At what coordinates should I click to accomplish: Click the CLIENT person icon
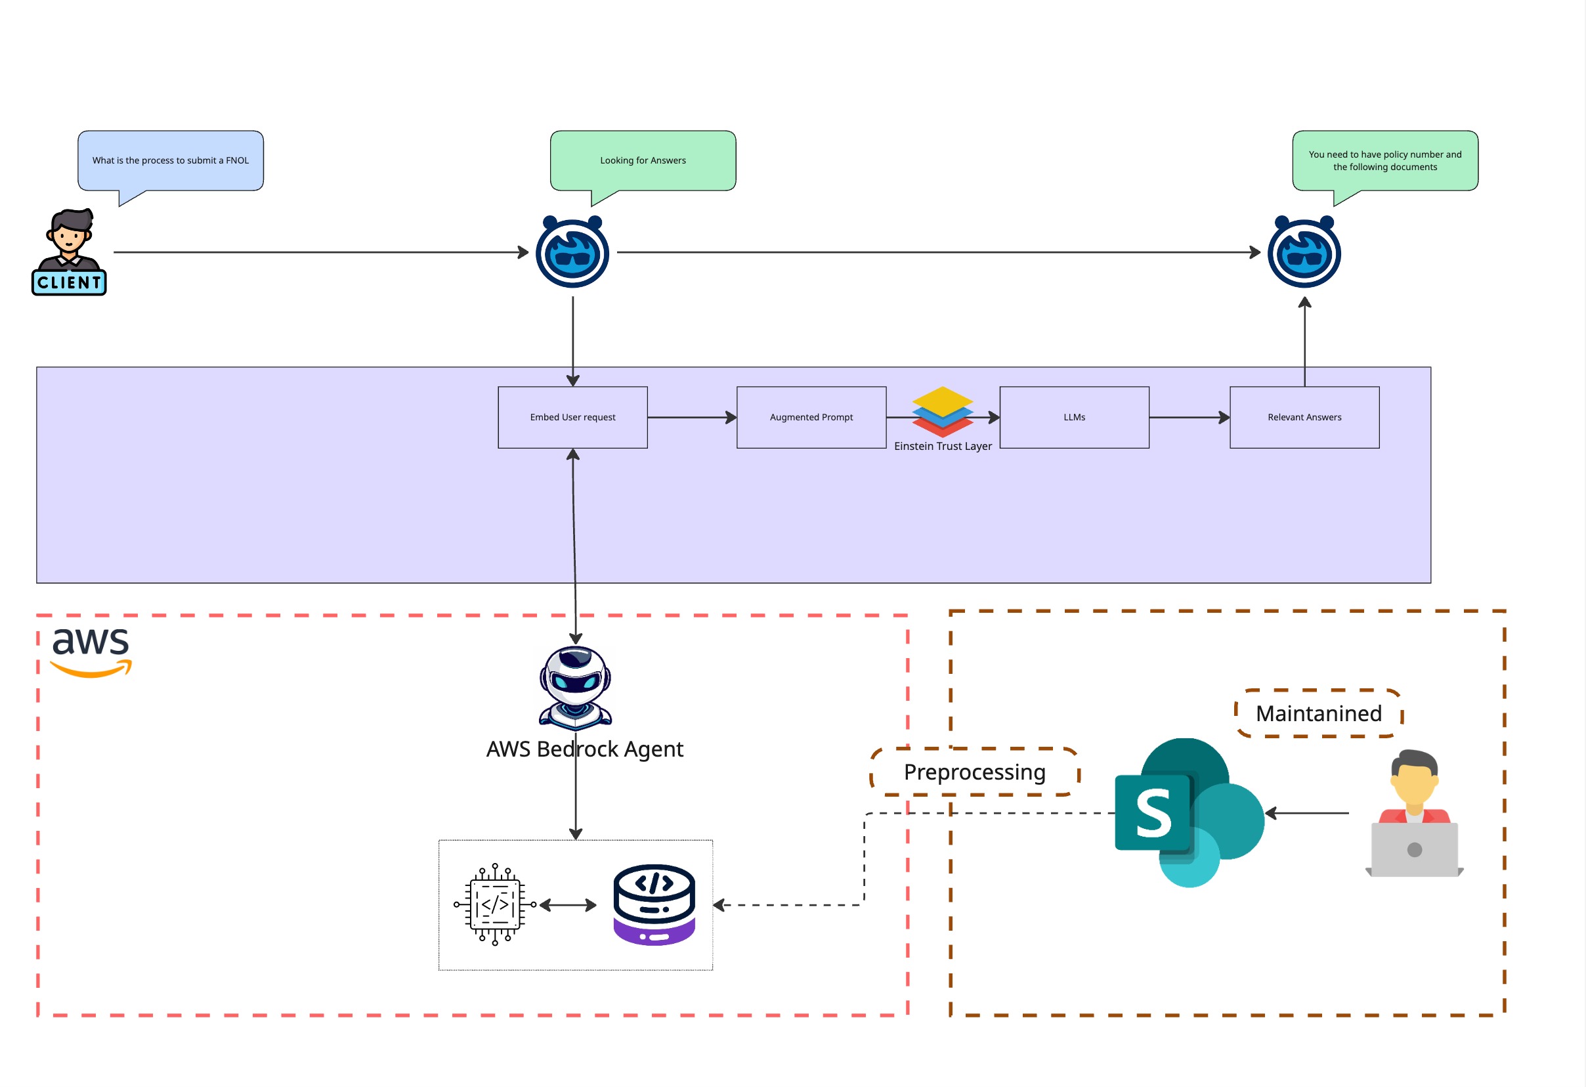click(x=69, y=252)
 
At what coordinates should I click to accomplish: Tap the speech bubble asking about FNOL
click(x=171, y=160)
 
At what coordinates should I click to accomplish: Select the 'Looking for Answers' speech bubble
click(x=643, y=160)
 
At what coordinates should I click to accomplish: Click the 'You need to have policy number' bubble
click(x=1384, y=160)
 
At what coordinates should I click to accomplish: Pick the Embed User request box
click(x=572, y=417)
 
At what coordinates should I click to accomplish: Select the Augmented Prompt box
click(x=811, y=417)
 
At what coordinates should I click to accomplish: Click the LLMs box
click(x=1074, y=417)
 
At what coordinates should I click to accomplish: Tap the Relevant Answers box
click(x=1304, y=417)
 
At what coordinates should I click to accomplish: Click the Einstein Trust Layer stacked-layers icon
click(x=943, y=412)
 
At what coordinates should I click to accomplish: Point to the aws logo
click(x=91, y=652)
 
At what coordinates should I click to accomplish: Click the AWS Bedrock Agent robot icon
click(x=575, y=688)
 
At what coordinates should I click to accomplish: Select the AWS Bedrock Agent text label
click(x=584, y=749)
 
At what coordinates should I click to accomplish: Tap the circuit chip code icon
click(x=495, y=904)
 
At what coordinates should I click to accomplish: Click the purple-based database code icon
click(x=654, y=904)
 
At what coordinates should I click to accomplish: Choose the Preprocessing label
click(x=975, y=772)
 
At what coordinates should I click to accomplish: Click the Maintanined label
click(x=1318, y=713)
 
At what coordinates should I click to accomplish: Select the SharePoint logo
click(x=1188, y=812)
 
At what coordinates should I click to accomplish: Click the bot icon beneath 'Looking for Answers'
click(x=572, y=253)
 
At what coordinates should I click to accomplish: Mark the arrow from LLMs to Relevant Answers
click(x=1189, y=417)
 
